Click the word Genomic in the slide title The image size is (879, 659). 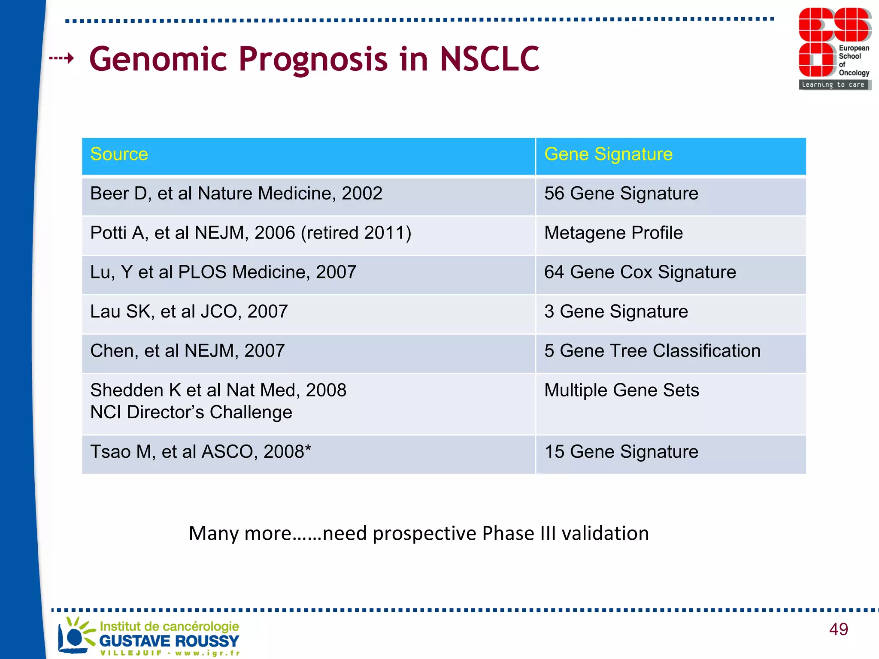[x=158, y=59]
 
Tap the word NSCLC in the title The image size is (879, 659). [x=489, y=59]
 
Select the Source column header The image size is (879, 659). [x=119, y=154]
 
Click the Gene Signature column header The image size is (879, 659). [x=608, y=154]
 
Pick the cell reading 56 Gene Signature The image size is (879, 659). [x=621, y=194]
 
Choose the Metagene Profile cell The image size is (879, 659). [x=613, y=233]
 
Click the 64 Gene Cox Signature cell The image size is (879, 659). [x=640, y=272]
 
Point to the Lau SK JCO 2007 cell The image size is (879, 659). [x=189, y=312]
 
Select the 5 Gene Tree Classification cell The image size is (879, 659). [x=652, y=351]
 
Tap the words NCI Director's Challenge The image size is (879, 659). [x=191, y=413]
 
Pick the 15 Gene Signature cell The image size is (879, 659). [x=621, y=452]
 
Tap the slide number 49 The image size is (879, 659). [x=838, y=629]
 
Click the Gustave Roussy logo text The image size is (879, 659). [x=169, y=641]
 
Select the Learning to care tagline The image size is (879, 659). [x=833, y=85]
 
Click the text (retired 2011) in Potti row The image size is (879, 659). [x=356, y=233]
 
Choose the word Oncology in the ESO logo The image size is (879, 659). [x=854, y=73]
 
